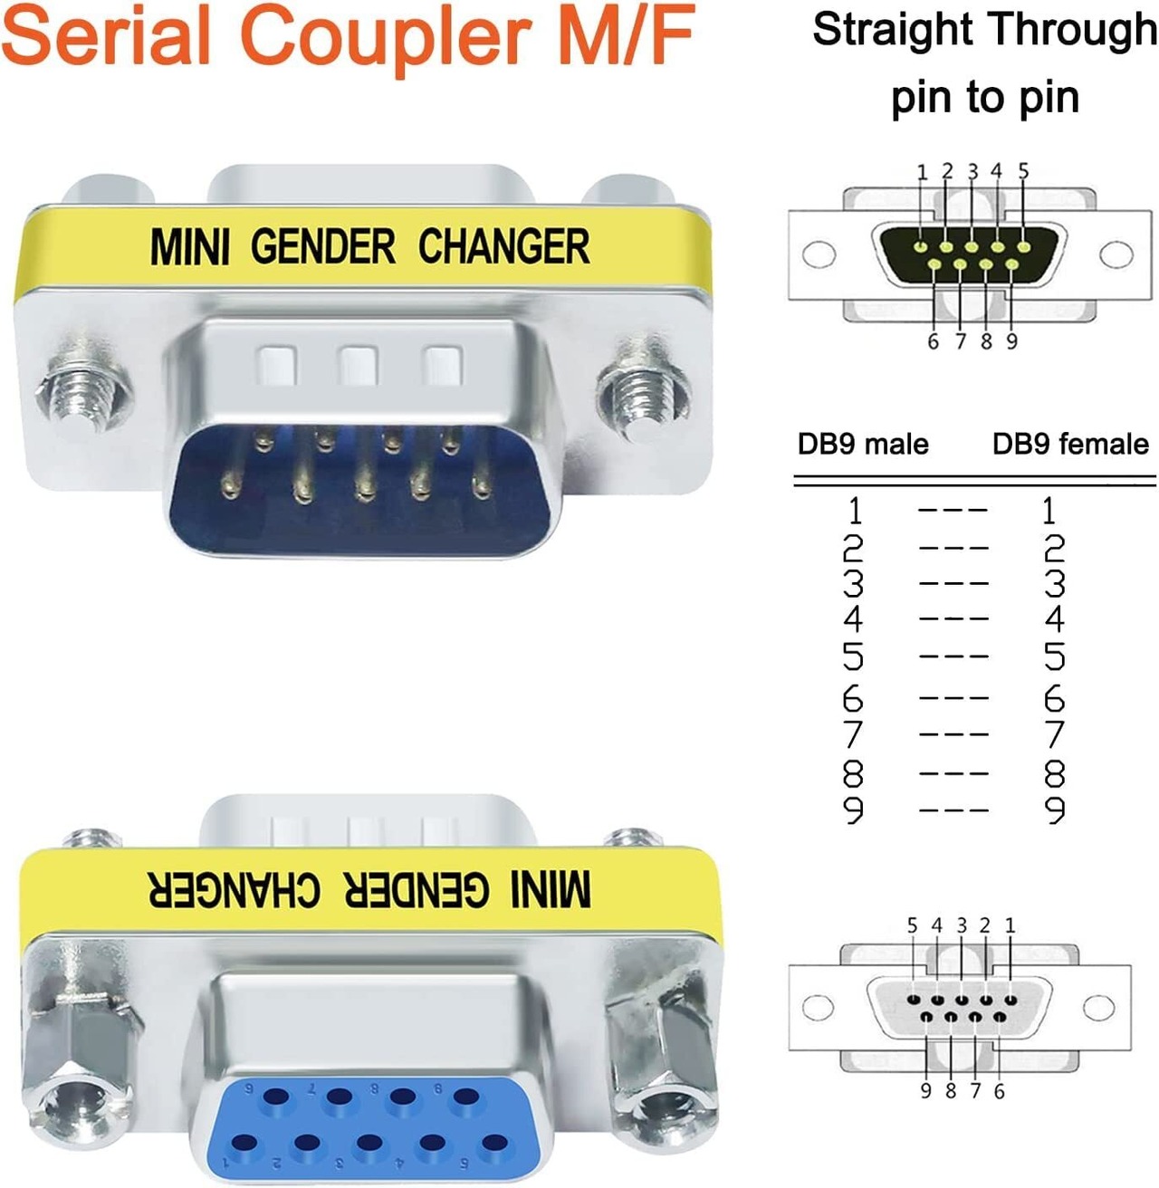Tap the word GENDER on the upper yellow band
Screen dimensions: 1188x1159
click(323, 247)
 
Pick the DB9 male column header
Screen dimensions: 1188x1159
click(862, 444)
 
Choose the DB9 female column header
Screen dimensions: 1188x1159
click(1070, 444)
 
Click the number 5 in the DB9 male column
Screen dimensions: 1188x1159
click(853, 656)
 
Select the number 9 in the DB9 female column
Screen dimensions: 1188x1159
click(1055, 810)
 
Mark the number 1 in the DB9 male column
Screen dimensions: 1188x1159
click(854, 512)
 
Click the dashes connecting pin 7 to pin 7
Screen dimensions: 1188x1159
click(953, 734)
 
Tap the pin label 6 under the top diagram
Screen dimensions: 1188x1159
click(933, 341)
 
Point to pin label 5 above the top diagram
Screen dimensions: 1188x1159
click(1023, 171)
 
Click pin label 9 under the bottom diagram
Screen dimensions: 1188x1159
click(925, 1091)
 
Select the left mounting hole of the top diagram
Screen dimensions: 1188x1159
click(819, 254)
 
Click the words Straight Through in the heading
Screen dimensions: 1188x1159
click(984, 30)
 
